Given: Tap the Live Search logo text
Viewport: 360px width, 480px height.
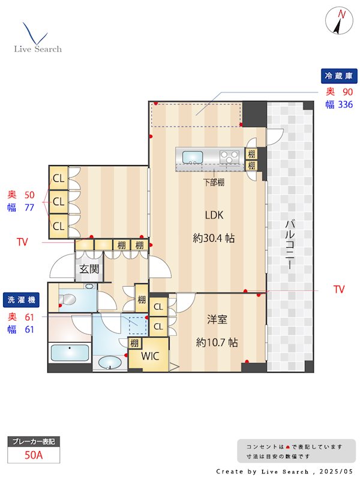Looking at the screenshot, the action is pos(38,49).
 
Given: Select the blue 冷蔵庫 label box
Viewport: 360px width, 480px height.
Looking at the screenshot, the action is pos(339,76).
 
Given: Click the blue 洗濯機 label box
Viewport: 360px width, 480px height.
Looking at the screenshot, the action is pos(21,299).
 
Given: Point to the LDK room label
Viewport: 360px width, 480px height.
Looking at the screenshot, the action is pos(214,215).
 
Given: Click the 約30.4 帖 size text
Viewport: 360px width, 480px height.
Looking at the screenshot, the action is pos(214,238).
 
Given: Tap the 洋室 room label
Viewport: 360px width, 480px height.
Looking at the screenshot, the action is pos(217,319).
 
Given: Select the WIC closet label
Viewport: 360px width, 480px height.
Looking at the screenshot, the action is pos(150,356).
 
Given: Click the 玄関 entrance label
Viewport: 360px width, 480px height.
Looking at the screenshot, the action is pos(89,269).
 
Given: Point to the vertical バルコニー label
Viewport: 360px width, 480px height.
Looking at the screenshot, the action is pos(290,245).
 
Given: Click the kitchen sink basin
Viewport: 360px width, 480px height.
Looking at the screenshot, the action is pos(193,157).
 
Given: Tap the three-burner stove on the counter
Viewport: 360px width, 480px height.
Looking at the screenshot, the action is pos(230,157).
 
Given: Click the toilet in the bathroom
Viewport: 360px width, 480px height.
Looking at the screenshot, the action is pos(67,299).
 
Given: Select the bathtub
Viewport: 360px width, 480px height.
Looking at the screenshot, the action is pos(70,353).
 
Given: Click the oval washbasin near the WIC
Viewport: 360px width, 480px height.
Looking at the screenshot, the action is pos(110,363).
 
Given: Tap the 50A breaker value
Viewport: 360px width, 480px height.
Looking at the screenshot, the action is pos(34,455).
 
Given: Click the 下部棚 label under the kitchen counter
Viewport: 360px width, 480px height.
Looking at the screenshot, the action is pos(214,182).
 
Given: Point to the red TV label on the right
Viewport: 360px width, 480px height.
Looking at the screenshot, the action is pos(339,289).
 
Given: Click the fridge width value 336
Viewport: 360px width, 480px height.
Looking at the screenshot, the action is pos(346,104).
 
